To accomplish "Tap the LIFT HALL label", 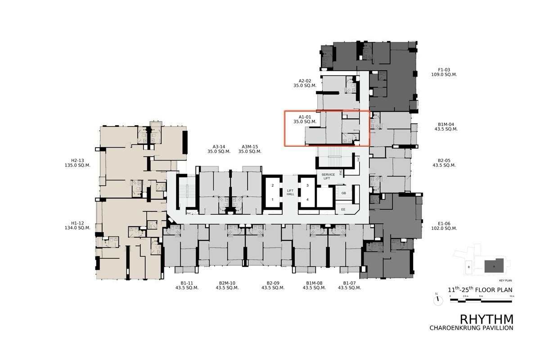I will (x=290, y=192).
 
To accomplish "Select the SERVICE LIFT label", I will (x=327, y=176).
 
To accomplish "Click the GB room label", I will (x=343, y=193).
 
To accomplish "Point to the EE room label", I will (x=343, y=209).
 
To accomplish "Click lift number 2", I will (x=272, y=185).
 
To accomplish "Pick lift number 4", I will (x=307, y=199).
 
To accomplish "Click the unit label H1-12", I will (x=77, y=223).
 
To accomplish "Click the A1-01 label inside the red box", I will (x=305, y=117).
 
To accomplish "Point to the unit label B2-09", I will (x=273, y=283).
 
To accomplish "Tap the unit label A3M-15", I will (x=250, y=146).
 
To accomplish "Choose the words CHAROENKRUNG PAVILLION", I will (x=471, y=328).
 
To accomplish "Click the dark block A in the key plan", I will (x=494, y=265).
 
